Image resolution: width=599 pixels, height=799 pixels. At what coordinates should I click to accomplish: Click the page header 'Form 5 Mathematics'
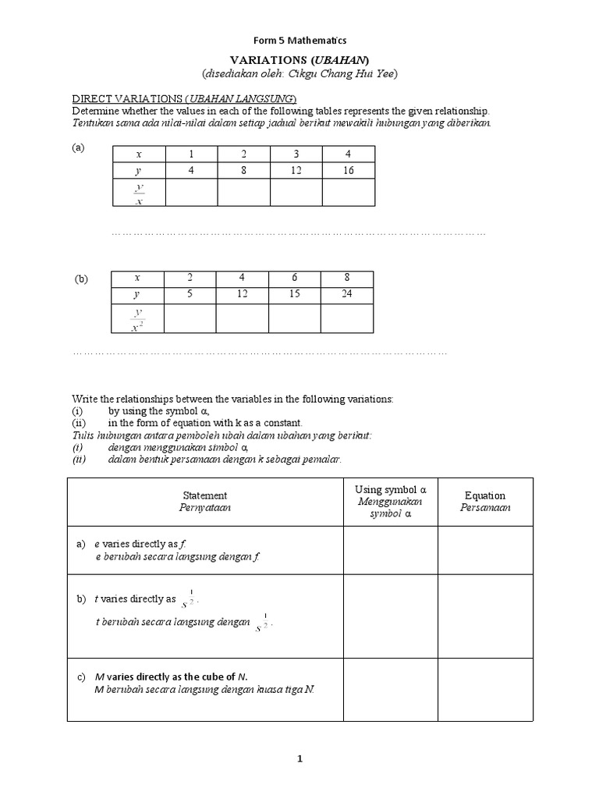299,41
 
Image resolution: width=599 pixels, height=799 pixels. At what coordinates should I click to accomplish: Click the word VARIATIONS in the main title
265,60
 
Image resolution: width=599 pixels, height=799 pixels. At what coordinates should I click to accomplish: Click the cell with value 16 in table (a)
348,170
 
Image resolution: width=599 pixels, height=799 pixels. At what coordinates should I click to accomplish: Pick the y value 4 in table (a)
191,170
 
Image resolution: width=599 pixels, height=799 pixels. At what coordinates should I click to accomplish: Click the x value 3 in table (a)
296,154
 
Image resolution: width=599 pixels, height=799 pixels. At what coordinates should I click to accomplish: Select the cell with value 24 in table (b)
347,295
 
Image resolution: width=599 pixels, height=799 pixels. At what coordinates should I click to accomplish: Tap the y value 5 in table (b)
190,295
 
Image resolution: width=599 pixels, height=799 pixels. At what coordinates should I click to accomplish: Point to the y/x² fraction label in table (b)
138,319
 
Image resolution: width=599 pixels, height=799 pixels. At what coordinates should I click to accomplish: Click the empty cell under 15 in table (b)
295,319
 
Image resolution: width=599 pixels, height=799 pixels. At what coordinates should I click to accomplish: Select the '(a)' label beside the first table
78,147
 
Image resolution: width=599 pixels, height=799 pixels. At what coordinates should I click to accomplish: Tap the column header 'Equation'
484,495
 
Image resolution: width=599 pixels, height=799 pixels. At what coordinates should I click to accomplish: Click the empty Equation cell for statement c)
484,683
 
